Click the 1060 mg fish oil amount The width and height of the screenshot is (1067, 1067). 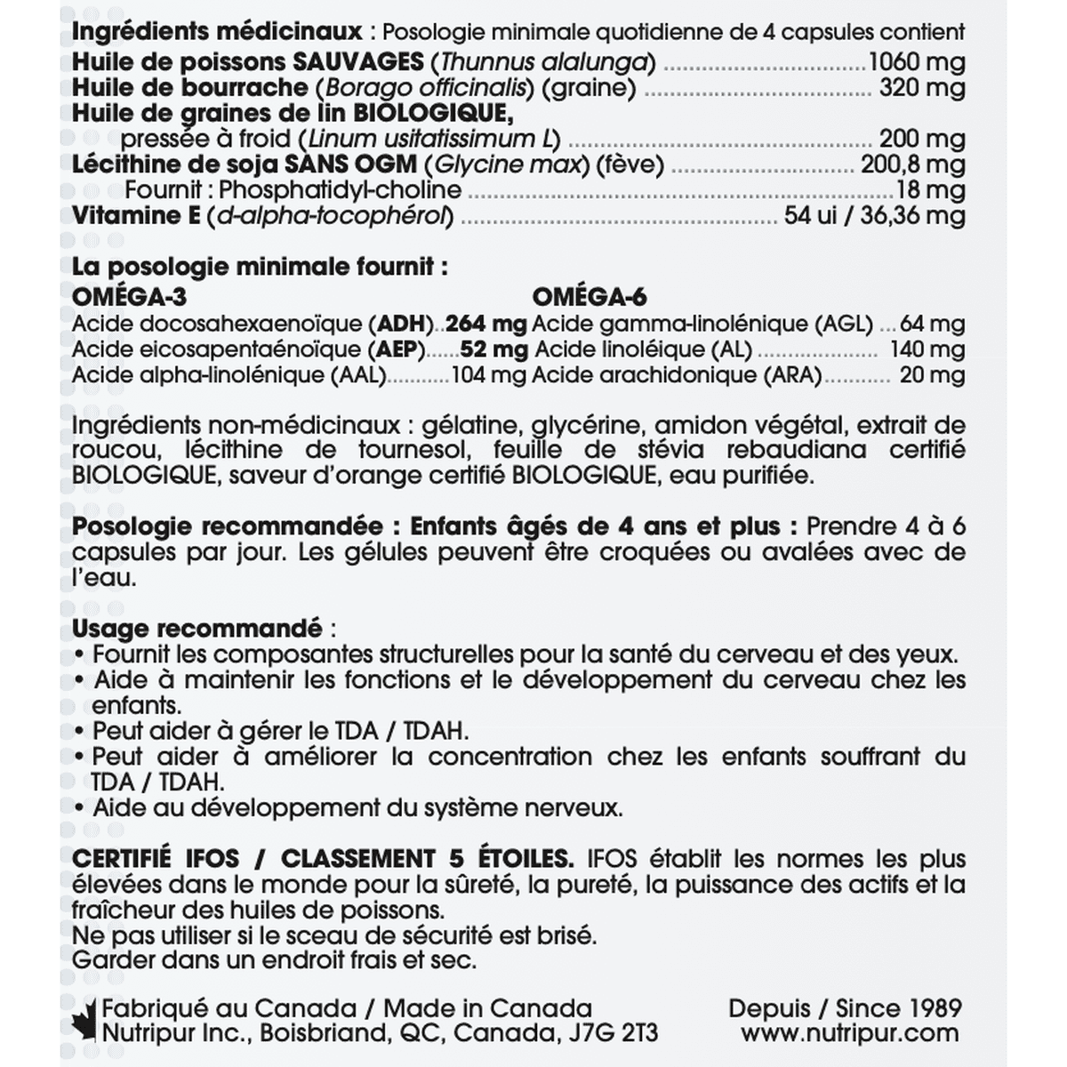pyautogui.click(x=916, y=62)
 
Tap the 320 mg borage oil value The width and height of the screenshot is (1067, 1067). pyautogui.click(x=922, y=88)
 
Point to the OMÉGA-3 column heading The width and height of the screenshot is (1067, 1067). pyautogui.click(x=130, y=297)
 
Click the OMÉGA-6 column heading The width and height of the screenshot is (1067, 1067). pyautogui.click(x=590, y=297)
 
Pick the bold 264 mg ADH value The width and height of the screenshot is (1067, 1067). pyautogui.click(x=485, y=324)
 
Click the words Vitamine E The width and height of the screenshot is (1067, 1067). pyautogui.click(x=136, y=216)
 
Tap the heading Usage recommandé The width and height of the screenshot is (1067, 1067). pyautogui.click(x=197, y=629)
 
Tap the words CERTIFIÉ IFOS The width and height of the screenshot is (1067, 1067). pyautogui.click(x=156, y=859)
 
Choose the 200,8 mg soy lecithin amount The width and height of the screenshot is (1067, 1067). pyautogui.click(x=912, y=164)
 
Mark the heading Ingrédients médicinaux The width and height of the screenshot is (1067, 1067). pyautogui.click(x=217, y=32)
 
